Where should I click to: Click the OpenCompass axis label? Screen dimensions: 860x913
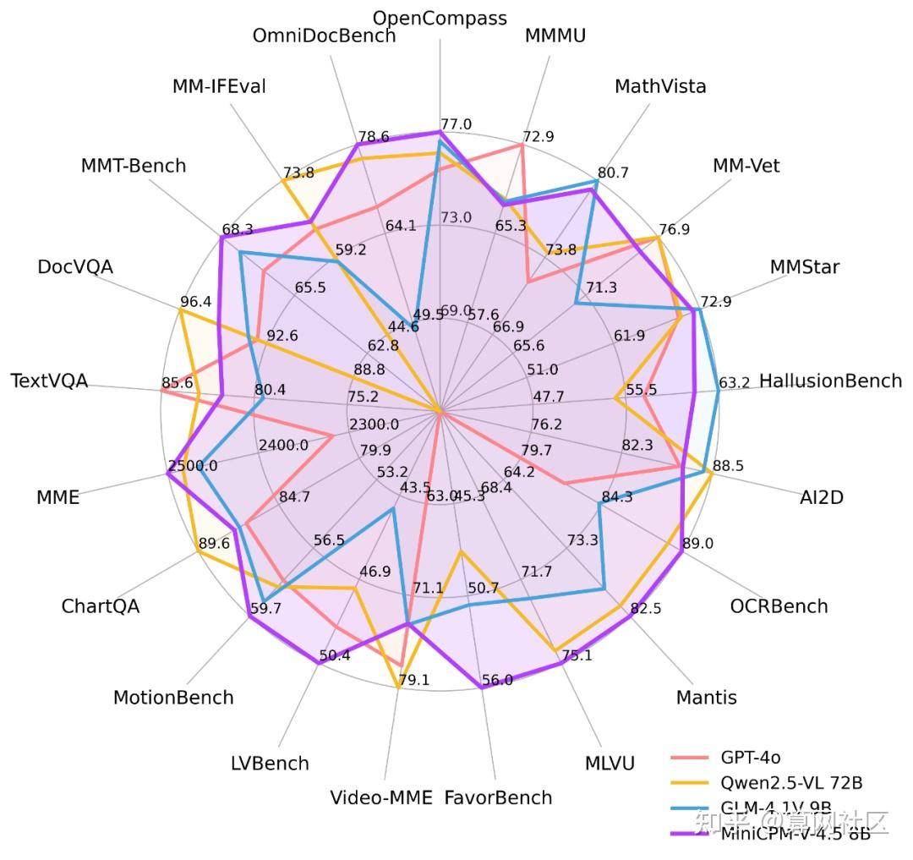point(440,18)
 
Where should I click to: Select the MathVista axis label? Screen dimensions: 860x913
point(660,86)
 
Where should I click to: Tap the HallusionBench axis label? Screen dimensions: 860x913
point(830,381)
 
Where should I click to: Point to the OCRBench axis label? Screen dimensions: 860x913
point(779,605)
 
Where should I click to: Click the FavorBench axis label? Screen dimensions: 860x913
point(498,797)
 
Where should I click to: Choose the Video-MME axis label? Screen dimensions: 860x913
point(380,797)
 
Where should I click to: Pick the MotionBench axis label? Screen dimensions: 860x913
point(173,697)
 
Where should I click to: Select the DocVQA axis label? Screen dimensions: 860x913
point(74,266)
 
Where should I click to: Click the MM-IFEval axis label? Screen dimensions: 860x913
point(219,86)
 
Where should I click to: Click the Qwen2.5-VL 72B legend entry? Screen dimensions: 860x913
point(791,782)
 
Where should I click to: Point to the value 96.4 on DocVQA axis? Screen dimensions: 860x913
point(196,301)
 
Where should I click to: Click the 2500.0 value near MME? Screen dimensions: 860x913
point(193,466)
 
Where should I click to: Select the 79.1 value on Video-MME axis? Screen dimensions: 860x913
point(414,680)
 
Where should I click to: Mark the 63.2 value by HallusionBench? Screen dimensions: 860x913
point(734,382)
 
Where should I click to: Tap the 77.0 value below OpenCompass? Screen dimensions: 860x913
point(456,124)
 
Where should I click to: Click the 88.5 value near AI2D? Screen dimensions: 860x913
point(728,466)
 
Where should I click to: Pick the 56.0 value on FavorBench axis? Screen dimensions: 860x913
point(496,680)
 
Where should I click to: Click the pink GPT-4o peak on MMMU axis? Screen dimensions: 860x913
point(522,145)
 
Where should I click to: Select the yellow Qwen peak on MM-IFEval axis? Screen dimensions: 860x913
point(283,181)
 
